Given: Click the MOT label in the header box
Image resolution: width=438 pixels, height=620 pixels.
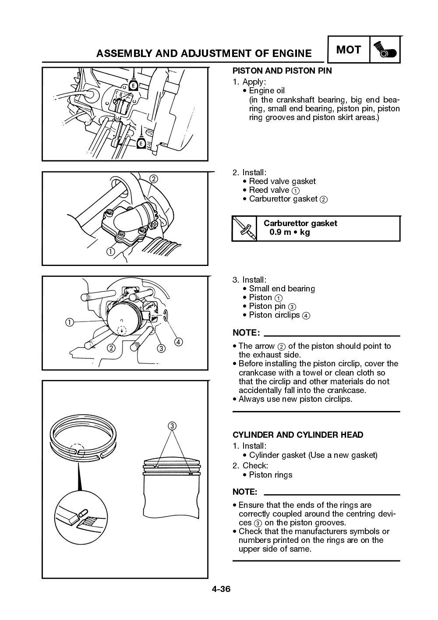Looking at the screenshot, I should pyautogui.click(x=348, y=50).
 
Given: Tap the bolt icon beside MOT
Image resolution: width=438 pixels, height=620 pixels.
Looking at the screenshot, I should pyautogui.click(x=385, y=50).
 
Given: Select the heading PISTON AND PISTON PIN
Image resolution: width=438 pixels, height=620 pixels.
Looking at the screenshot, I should pyautogui.click(x=282, y=71).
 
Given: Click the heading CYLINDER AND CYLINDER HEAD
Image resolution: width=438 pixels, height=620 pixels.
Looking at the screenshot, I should pyautogui.click(x=297, y=435).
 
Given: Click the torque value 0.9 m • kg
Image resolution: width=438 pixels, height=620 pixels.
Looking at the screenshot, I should pyautogui.click(x=290, y=232).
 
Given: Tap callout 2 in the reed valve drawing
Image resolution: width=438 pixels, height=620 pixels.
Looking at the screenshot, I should pyautogui.click(x=153, y=179).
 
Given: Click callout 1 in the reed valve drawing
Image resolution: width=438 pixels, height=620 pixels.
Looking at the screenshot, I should pyautogui.click(x=110, y=252).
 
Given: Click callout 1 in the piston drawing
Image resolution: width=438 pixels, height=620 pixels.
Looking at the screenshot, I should pyautogui.click(x=69, y=322).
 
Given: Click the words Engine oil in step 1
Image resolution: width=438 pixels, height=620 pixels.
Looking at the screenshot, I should pyautogui.click(x=267, y=91).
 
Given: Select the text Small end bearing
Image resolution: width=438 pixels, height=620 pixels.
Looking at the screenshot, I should pyautogui.click(x=282, y=288).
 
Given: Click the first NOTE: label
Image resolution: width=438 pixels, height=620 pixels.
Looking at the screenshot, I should pyautogui.click(x=246, y=333).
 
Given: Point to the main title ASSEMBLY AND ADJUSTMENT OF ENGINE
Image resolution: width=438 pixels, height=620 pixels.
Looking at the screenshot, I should pyautogui.click(x=204, y=53).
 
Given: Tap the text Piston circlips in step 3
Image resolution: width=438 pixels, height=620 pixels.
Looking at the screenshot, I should pyautogui.click(x=274, y=315).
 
